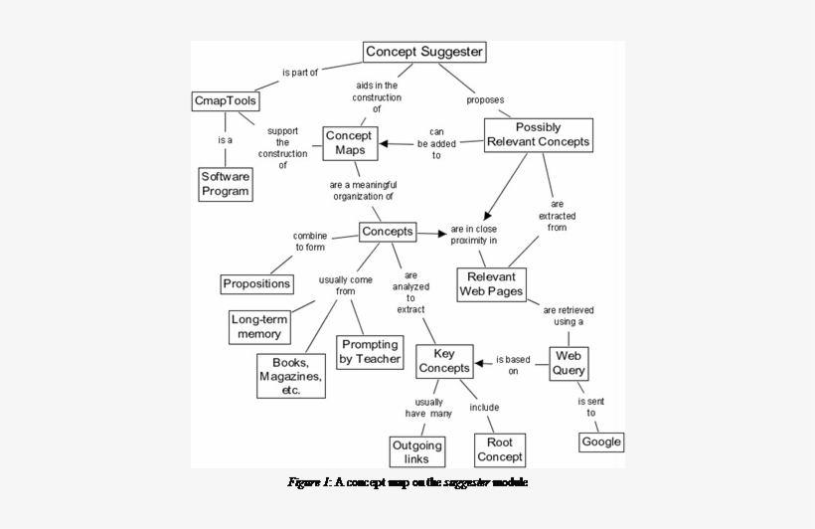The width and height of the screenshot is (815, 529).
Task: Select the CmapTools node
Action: click(226, 101)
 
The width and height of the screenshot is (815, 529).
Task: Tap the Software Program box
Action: click(226, 184)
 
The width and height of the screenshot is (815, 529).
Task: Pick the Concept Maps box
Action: click(350, 143)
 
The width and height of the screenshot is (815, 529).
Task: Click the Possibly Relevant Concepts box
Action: click(539, 135)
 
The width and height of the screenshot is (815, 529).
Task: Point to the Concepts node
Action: click(387, 232)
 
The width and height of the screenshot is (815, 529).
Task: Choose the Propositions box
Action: click(257, 283)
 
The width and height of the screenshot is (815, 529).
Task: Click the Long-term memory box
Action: click(259, 327)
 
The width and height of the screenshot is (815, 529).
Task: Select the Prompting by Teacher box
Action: click(370, 352)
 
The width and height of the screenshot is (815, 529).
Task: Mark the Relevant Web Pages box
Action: click(491, 284)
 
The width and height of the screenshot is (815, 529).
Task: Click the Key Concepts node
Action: click(443, 361)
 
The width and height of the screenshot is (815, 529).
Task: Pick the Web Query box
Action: click(570, 363)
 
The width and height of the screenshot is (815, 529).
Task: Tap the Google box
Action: click(601, 441)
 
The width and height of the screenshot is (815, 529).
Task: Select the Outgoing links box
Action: click(416, 451)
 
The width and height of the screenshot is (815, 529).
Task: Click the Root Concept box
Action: click(500, 450)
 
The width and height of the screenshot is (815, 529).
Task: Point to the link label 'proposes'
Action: click(485, 100)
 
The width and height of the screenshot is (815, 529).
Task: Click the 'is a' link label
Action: click(225, 140)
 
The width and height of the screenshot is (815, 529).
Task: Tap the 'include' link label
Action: click(484, 408)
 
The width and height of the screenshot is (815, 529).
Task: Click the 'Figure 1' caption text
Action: click(407, 483)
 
